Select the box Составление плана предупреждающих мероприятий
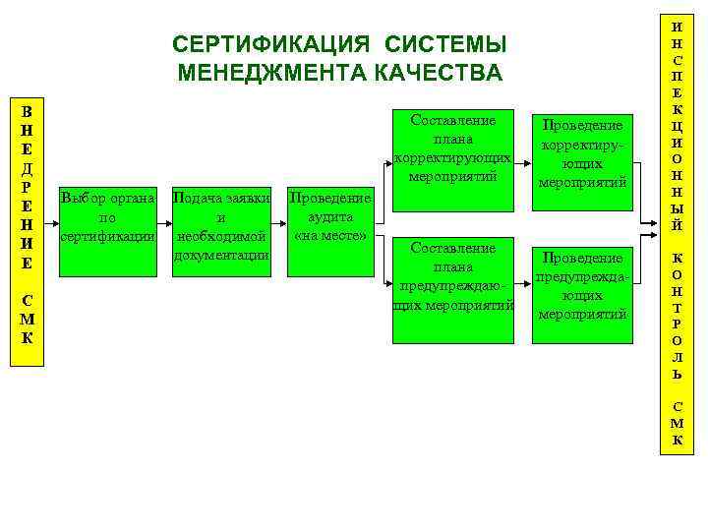(453, 289)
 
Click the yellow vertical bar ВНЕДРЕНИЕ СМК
(28, 232)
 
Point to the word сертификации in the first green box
(108, 237)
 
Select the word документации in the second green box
(221, 256)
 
